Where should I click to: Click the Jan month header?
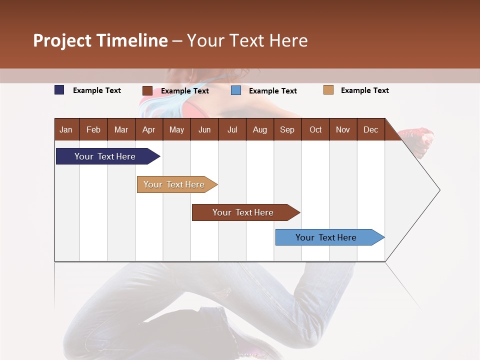(x=66, y=129)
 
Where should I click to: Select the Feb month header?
(x=93, y=129)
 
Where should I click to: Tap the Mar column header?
(x=121, y=129)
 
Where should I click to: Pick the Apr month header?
(x=148, y=129)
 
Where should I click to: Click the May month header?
(x=176, y=129)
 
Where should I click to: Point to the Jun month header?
(x=204, y=129)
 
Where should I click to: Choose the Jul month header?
(x=232, y=129)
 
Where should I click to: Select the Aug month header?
(x=259, y=129)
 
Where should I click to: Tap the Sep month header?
(x=287, y=129)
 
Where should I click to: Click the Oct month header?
(x=315, y=129)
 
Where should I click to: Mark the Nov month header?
(x=343, y=129)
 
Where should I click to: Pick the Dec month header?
(x=370, y=129)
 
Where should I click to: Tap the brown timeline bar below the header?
(x=243, y=212)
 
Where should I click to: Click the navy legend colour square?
(x=59, y=90)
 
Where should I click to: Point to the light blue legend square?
(x=236, y=90)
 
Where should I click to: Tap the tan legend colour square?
(x=328, y=90)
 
